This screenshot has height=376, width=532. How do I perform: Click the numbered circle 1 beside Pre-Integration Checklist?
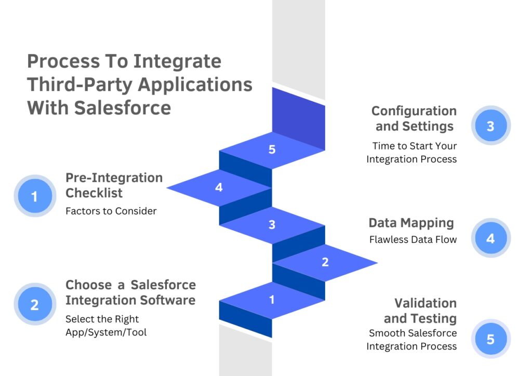(35, 196)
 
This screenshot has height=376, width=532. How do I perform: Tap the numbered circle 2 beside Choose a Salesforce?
(35, 304)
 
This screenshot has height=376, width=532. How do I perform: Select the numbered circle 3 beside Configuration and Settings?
(490, 126)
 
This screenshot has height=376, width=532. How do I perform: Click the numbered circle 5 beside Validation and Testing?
(490, 339)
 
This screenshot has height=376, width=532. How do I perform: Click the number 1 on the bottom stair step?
(272, 300)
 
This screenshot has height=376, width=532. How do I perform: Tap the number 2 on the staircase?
(325, 262)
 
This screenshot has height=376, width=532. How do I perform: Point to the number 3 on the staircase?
(272, 225)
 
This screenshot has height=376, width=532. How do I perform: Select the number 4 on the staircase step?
(219, 187)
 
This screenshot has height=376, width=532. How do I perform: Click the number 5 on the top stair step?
(272, 150)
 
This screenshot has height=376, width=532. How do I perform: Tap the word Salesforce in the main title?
(122, 108)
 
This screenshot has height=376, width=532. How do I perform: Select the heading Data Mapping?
(411, 223)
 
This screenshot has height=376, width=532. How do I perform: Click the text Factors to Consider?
(111, 211)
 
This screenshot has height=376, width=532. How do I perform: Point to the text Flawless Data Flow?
(413, 239)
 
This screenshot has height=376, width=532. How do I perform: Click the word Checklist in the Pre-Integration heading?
(94, 193)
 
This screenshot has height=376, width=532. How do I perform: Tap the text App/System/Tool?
(106, 332)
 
